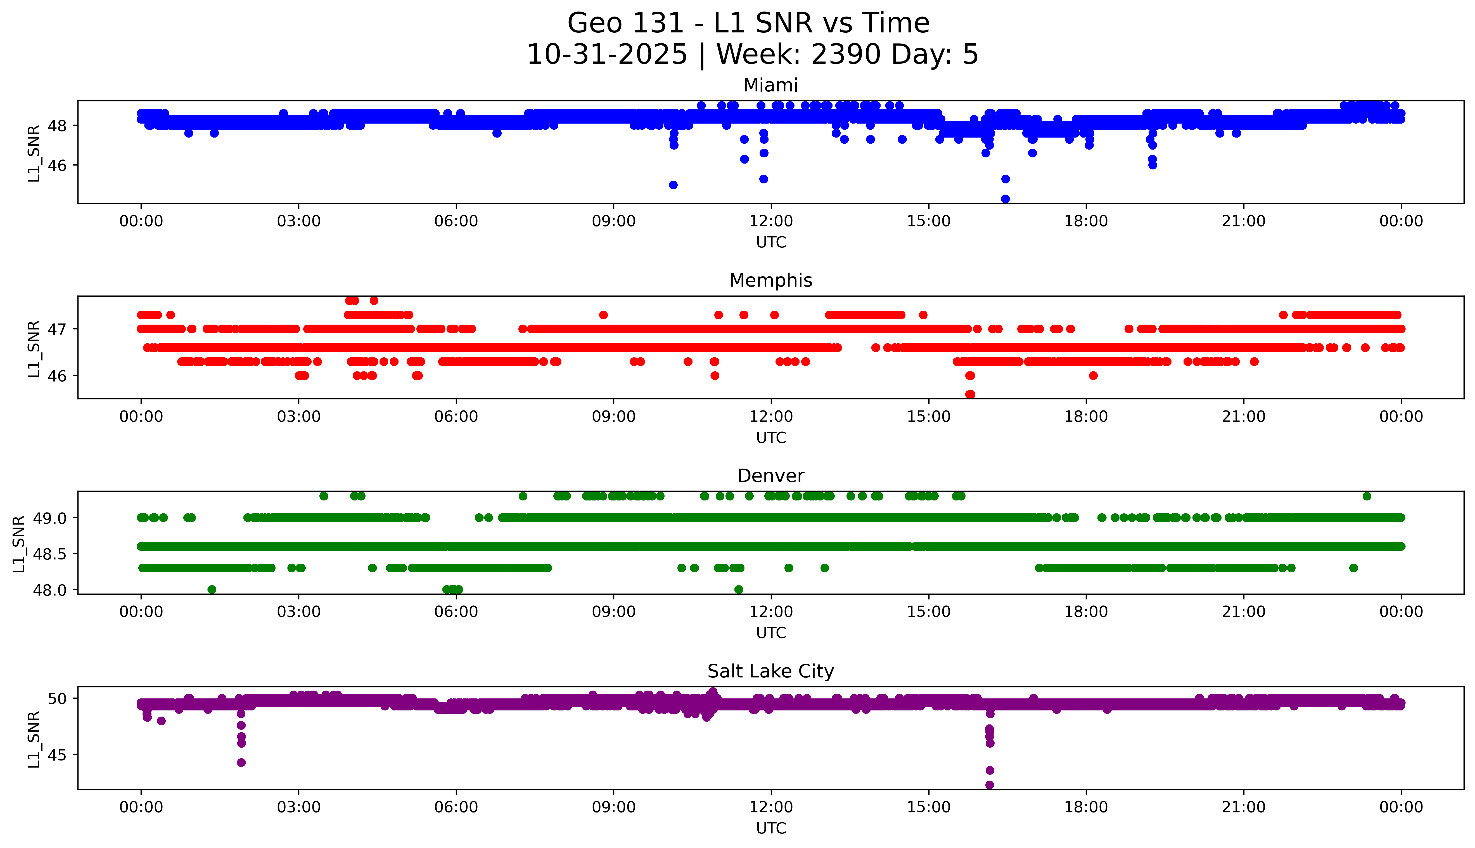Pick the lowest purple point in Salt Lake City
(x=990, y=785)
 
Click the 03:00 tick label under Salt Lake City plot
(x=299, y=807)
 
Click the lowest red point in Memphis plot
(x=970, y=394)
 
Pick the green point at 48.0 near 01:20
(x=212, y=589)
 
